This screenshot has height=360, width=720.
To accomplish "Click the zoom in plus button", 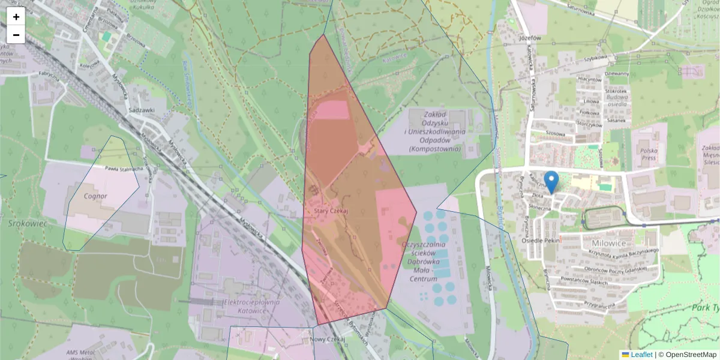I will pos(16,17).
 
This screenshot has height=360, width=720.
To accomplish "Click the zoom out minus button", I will pos(16,35).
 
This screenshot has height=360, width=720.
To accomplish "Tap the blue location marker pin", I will pos(551,182).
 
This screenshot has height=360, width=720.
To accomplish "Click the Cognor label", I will pos(95,196).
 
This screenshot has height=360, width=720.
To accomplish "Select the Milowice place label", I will pos(609,243).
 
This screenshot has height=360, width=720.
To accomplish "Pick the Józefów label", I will pos(529,37).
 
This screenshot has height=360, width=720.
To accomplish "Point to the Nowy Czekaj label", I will pos(328,340).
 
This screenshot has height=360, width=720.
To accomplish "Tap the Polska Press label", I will pos(649,155).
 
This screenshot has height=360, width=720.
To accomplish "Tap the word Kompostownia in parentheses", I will pos(434,148).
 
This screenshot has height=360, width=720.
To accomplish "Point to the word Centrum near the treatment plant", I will pos(423,279).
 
